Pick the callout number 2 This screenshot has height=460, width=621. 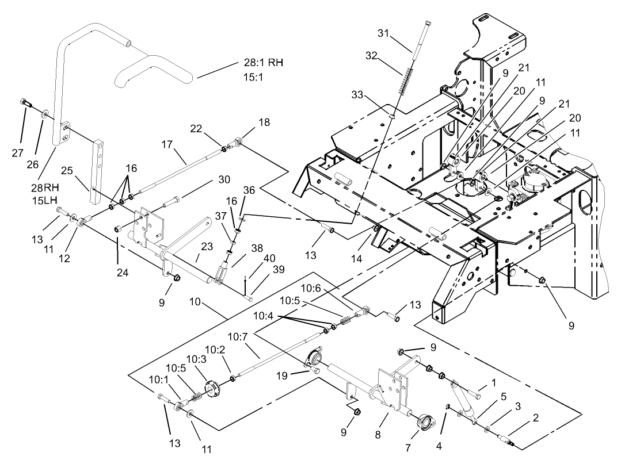[535, 417]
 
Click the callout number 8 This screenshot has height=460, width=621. [378, 435]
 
